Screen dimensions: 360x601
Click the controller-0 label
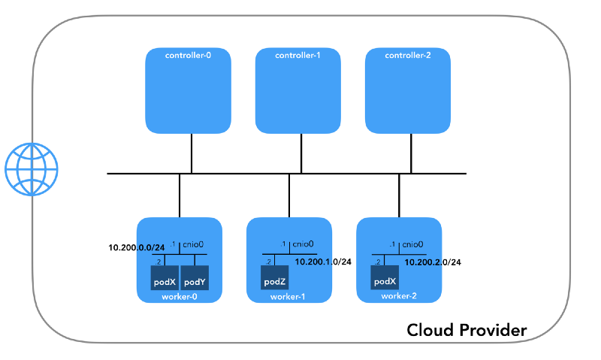pyautogui.click(x=188, y=56)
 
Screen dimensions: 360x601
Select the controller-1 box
pyautogui.click(x=298, y=91)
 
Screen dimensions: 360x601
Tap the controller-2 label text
pyautogui.click(x=407, y=56)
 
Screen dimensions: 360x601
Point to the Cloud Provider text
pyautogui.click(x=467, y=329)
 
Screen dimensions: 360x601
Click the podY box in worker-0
pyautogui.click(x=195, y=282)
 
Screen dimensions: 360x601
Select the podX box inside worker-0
pyautogui.click(x=164, y=282)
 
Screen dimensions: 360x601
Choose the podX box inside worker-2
pyautogui.click(x=384, y=282)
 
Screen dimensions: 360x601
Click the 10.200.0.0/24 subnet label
pyautogui.click(x=137, y=247)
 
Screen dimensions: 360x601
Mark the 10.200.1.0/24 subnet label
pyautogui.click(x=322, y=262)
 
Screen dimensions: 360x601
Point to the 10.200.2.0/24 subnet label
pyautogui.click(x=433, y=262)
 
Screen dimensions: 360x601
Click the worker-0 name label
pyautogui.click(x=180, y=297)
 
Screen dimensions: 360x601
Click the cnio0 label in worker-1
pyautogui.click(x=303, y=244)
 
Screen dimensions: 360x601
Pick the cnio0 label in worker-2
pyautogui.click(x=412, y=244)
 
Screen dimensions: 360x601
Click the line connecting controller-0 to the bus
pyautogui.click(x=192, y=153)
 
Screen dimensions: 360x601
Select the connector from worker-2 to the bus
pyautogui.click(x=399, y=195)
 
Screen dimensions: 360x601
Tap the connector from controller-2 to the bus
pyautogui.click(x=411, y=153)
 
